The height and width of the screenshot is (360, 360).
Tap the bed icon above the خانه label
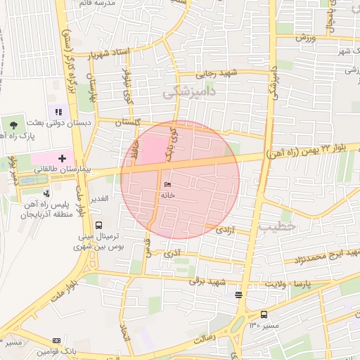point(167,184)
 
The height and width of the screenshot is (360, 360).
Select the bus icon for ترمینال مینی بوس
point(98,225)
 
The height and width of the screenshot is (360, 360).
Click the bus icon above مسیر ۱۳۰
point(264,314)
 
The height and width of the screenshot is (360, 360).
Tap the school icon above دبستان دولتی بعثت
point(58,112)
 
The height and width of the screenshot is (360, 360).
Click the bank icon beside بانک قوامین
point(57,341)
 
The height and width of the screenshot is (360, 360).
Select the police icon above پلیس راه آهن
point(46,193)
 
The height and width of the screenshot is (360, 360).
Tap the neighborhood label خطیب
point(274,227)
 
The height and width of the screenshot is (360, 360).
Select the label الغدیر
point(98,199)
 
